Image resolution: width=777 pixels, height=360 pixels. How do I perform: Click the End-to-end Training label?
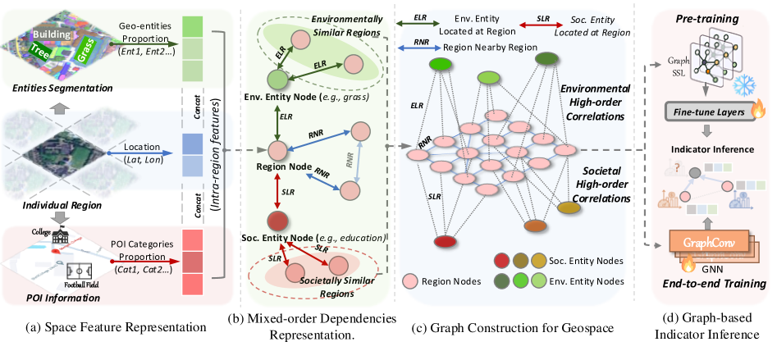coord(708,284)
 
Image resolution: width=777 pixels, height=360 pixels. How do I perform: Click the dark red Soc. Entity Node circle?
coord(277,221)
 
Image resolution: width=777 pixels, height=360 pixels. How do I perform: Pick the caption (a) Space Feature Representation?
coord(105,327)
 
